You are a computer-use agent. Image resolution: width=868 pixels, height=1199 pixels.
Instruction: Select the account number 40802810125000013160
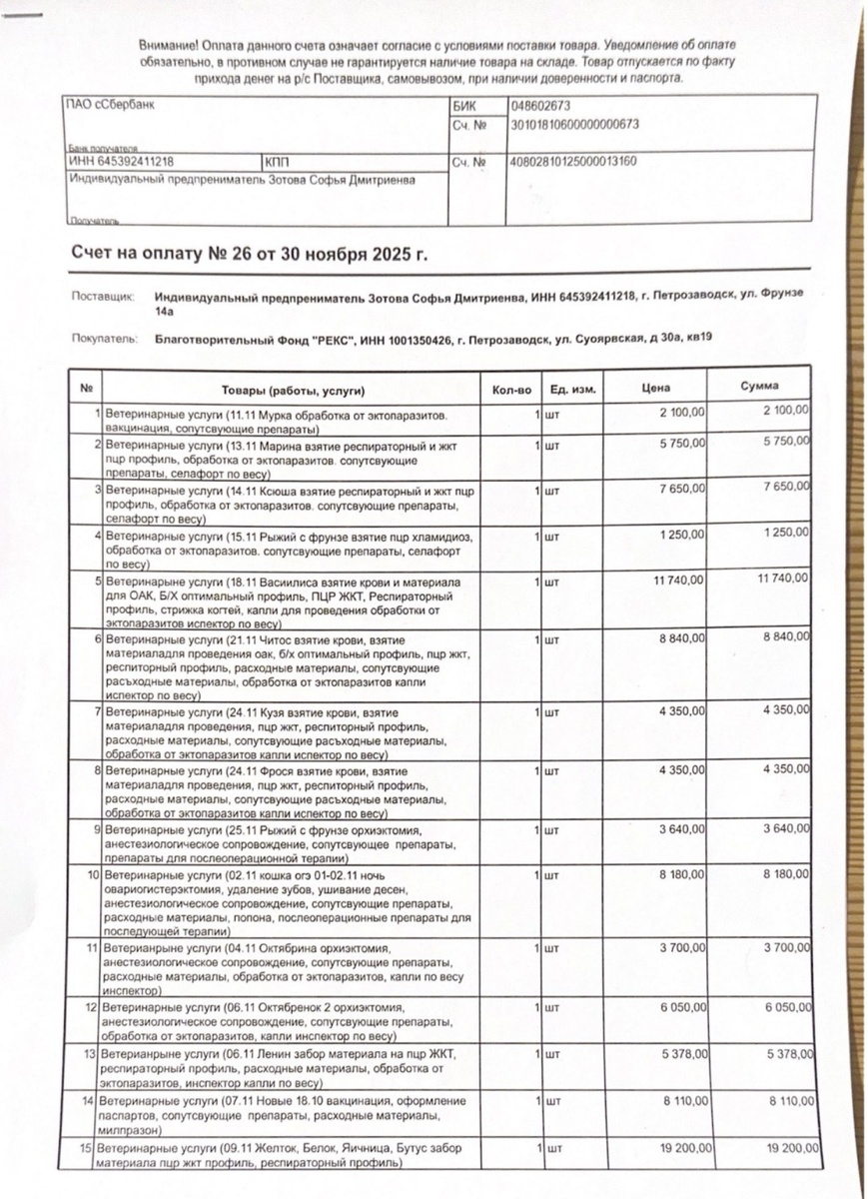(573, 161)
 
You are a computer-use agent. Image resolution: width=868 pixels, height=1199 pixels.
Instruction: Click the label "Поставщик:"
(103, 297)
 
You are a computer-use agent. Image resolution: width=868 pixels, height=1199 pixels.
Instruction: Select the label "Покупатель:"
(104, 340)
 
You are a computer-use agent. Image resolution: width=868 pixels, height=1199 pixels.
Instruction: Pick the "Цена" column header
(657, 387)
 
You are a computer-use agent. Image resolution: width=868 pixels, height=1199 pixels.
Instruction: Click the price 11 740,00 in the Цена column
(681, 580)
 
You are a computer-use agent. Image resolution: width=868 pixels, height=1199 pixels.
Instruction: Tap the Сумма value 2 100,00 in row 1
(786, 412)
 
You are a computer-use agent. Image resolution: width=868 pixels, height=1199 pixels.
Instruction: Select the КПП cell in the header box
(277, 161)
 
